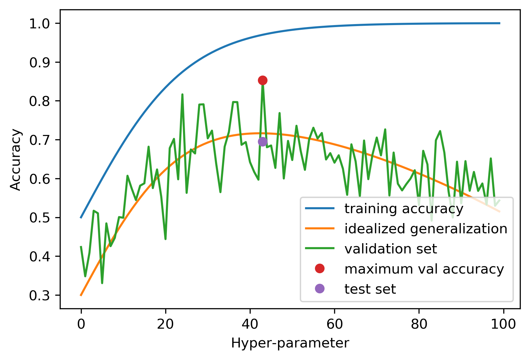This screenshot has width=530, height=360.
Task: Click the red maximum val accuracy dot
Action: point(263,80)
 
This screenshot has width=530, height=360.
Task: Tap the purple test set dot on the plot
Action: point(263,142)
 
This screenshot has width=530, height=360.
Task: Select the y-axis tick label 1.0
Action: point(40,24)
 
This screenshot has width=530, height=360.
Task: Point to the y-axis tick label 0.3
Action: point(40,296)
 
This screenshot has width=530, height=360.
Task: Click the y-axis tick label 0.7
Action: point(40,140)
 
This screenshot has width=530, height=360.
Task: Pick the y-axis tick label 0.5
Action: point(40,218)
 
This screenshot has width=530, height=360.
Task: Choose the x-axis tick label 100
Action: point(504,324)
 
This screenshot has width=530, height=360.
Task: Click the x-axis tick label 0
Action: point(81,324)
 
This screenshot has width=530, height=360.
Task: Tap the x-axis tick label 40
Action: point(250,324)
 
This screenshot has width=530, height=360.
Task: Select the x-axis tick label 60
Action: point(334,324)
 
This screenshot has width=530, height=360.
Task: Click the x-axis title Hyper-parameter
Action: point(290,344)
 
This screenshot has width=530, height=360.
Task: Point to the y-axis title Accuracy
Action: point(16,160)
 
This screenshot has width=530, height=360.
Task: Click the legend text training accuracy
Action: point(404,209)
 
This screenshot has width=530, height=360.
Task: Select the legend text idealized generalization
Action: point(426,229)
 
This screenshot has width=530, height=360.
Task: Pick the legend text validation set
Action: point(390,249)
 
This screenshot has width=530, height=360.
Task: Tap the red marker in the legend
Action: point(320,269)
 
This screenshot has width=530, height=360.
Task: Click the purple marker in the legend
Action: point(320,289)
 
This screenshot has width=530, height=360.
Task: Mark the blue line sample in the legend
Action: point(320,209)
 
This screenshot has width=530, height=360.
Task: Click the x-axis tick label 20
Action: point(165,324)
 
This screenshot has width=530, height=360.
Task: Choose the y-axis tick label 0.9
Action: point(40,63)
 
